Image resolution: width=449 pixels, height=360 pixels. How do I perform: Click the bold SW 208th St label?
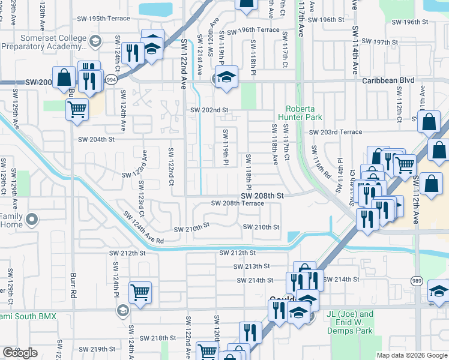click(x=262, y=196)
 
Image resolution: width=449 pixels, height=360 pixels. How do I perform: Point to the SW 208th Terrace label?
click(x=237, y=203)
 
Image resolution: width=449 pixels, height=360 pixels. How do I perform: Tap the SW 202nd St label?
click(x=209, y=110)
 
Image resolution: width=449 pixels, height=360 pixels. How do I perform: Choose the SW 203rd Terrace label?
click(x=336, y=132)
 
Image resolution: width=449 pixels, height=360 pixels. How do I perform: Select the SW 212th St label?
click(x=237, y=253)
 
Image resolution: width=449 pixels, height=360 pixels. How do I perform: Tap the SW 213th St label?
click(x=252, y=266)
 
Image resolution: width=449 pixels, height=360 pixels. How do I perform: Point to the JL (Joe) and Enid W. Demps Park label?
click(x=351, y=322)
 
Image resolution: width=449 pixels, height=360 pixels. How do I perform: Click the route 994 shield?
click(x=110, y=79)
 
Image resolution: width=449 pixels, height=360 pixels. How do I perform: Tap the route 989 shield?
click(x=417, y=280)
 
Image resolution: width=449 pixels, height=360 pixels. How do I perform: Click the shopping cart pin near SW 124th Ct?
click(x=140, y=293)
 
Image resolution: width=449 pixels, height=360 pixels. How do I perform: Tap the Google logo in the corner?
click(x=19, y=353)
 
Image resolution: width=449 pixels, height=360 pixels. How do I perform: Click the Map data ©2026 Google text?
click(x=411, y=355)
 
